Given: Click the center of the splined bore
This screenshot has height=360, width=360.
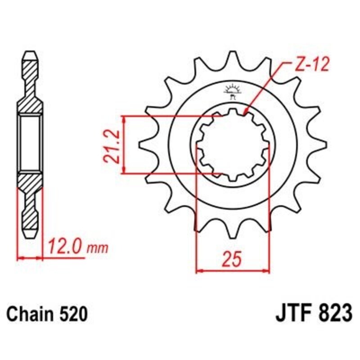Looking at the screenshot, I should click(x=233, y=145).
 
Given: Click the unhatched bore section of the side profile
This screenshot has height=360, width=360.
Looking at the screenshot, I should click(x=30, y=144).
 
